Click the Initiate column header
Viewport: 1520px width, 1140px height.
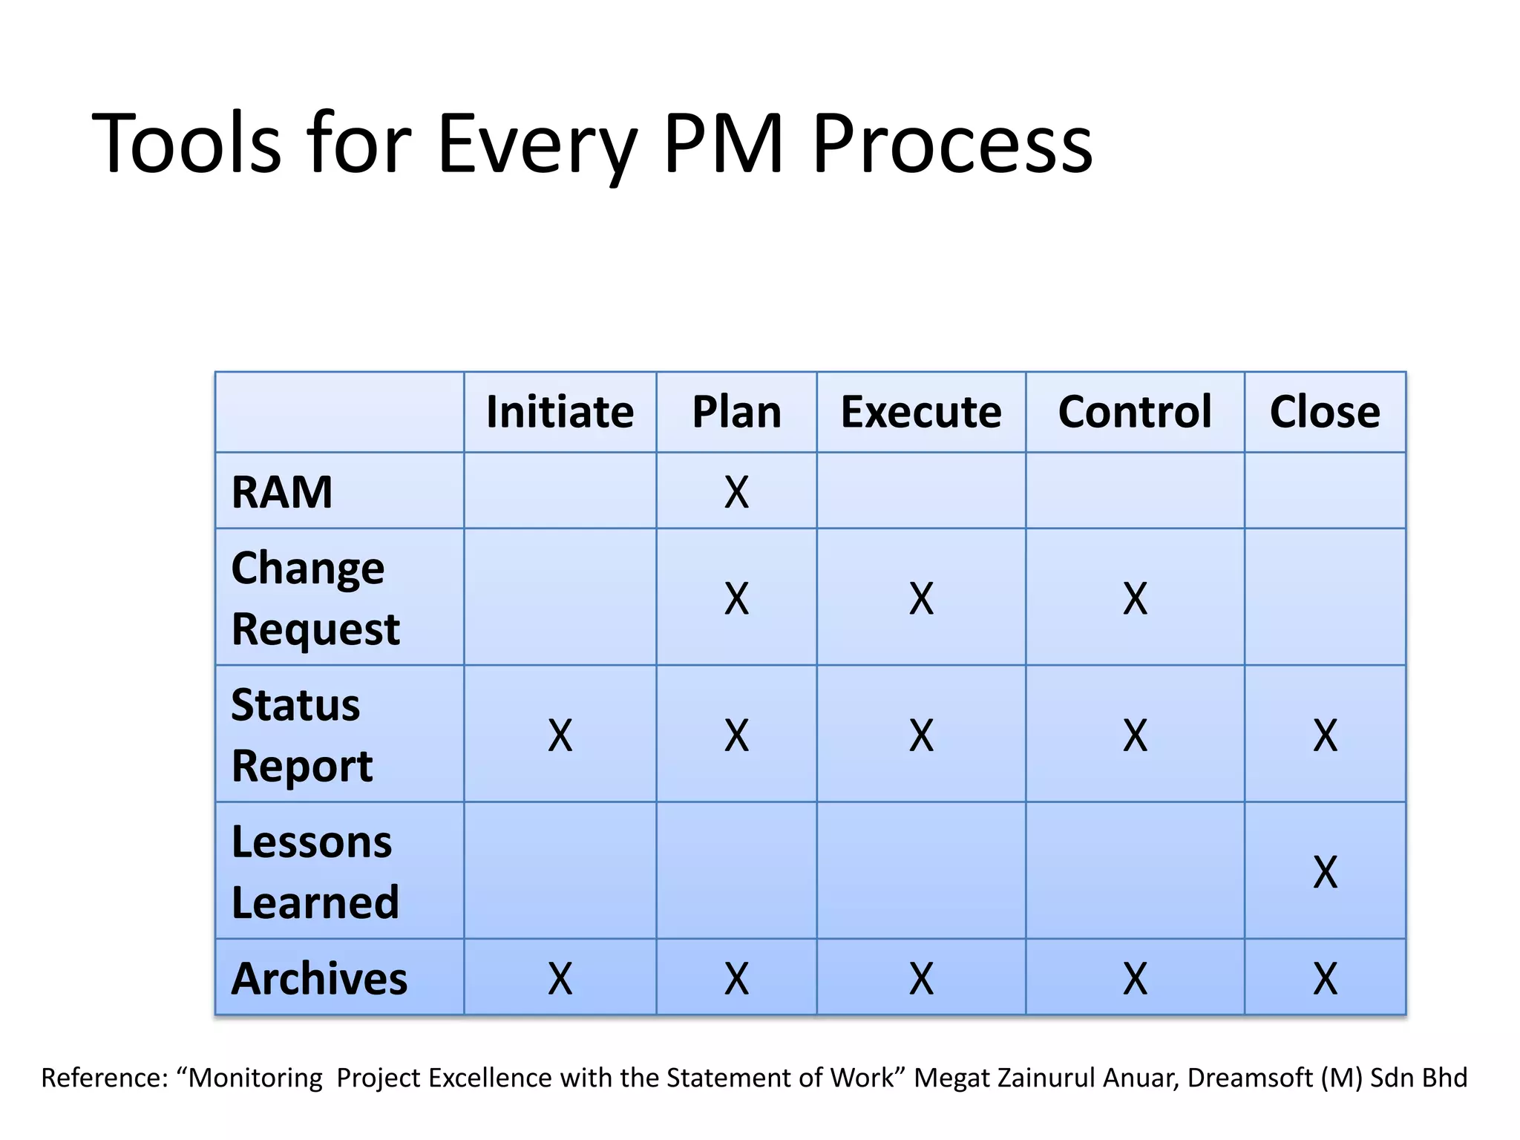[560, 412]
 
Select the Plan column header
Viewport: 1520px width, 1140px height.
[736, 412]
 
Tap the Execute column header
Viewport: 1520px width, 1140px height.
[921, 412]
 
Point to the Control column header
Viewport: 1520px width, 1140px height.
[1135, 412]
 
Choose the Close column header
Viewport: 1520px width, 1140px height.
[1325, 412]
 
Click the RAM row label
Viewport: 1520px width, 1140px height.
[282, 492]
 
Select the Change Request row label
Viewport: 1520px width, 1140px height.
[315, 598]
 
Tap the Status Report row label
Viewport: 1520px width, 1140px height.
[302, 735]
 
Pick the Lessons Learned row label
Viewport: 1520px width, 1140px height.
[315, 871]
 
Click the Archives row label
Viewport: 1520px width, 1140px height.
[319, 978]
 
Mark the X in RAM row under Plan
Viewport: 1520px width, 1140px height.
[736, 492]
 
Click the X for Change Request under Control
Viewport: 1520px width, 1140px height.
[1135, 598]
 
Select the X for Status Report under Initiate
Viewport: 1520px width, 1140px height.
[560, 736]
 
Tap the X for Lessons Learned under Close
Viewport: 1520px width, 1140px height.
[1325, 872]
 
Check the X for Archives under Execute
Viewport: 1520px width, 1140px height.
[921, 979]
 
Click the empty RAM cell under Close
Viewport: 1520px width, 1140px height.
[1325, 491]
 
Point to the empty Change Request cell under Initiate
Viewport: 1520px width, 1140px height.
[560, 597]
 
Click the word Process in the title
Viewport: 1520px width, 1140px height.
[952, 143]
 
